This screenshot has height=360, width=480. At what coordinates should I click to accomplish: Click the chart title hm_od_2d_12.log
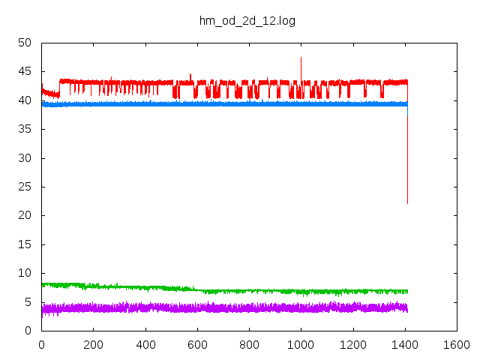click(x=247, y=20)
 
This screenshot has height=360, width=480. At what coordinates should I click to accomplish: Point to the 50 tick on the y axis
click(x=25, y=43)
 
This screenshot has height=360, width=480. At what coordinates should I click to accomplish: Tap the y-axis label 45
click(x=25, y=72)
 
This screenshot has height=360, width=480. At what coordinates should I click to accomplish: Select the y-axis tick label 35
click(x=25, y=129)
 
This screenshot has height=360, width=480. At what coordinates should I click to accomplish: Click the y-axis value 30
click(x=25, y=158)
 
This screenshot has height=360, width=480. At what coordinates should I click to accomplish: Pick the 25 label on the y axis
click(x=25, y=187)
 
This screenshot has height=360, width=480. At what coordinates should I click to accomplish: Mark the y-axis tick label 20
click(x=25, y=215)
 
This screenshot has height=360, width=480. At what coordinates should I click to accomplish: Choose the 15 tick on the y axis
click(x=25, y=244)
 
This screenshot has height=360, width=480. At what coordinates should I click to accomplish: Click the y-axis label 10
click(x=25, y=273)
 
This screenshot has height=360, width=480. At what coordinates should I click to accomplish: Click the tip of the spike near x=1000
click(x=301, y=57)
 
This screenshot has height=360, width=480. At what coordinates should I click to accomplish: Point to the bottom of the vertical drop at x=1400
click(x=407, y=203)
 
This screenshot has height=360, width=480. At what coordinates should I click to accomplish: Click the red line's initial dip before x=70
click(x=52, y=94)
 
